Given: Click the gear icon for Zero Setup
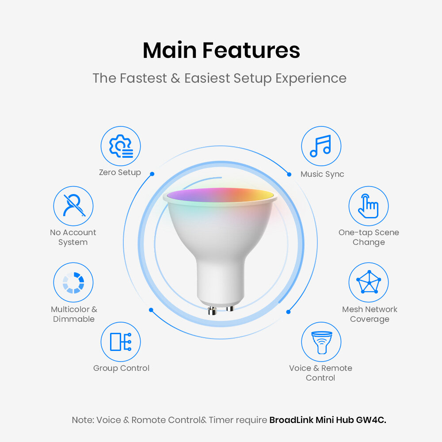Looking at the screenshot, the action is click(121, 146).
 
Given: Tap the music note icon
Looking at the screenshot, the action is click(321, 146).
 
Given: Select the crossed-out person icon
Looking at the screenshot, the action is click(73, 206).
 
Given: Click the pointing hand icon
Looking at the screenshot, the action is click(368, 206).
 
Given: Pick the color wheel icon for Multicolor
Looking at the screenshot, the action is click(73, 283).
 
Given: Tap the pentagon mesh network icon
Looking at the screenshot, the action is click(369, 282).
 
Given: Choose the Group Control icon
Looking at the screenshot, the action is click(121, 342).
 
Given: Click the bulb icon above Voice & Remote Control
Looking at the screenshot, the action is click(321, 342).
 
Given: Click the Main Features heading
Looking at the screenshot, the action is click(221, 50).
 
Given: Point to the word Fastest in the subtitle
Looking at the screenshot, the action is click(143, 78).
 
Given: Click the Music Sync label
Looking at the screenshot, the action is click(322, 174).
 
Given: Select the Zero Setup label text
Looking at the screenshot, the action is click(120, 172).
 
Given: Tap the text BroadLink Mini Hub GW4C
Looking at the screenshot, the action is click(328, 420).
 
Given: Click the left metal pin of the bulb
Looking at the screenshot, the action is click(212, 311).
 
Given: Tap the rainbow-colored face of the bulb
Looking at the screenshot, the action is click(221, 195).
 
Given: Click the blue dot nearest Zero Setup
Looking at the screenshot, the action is click(152, 174).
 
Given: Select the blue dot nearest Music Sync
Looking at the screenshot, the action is click(289, 175).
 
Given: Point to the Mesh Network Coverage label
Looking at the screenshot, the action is click(370, 314).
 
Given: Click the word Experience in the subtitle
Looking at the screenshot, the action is click(311, 79).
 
